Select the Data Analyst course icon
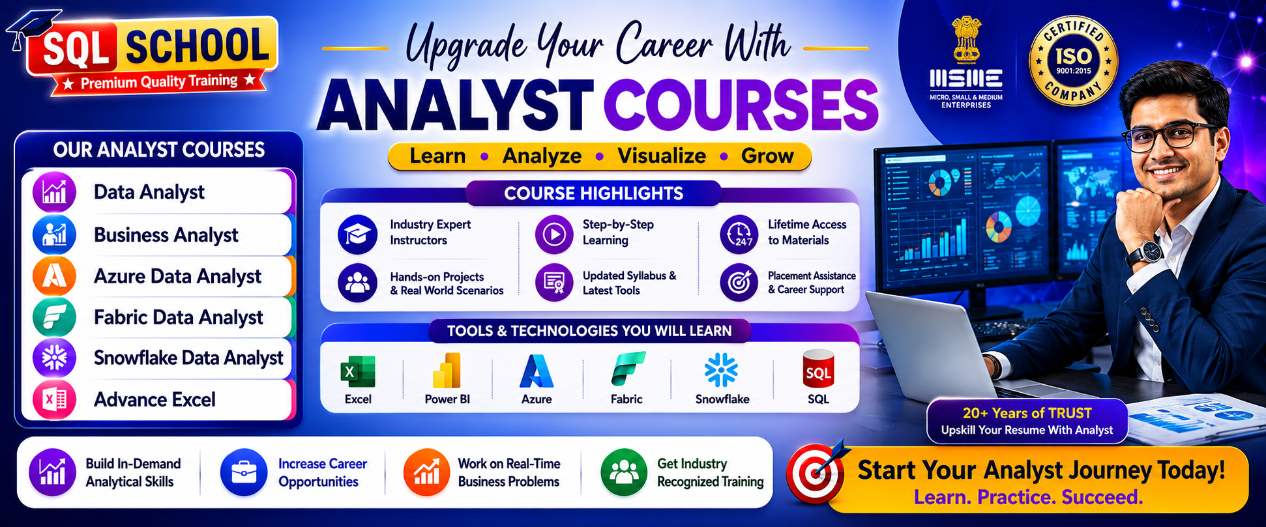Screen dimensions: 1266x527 pos(54,192)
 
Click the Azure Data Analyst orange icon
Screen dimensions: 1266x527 pos(54,276)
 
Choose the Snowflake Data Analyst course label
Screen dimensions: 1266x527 pos(188,358)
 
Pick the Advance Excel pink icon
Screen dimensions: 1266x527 pos(54,399)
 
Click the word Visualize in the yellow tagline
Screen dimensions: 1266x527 pos(661,156)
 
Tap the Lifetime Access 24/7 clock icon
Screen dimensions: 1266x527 pos(739,234)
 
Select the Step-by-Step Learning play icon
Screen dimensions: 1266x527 pos(554,234)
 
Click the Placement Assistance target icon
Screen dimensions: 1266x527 pos(739,283)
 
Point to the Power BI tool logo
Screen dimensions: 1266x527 pos(447,371)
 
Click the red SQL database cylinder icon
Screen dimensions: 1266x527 pos(818,369)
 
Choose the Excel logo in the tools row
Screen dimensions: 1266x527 pos(358,372)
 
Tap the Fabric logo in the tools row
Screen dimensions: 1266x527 pos(628,369)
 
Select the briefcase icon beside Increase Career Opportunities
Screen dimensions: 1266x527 pos(244,472)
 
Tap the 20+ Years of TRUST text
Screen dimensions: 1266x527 pos(1027,413)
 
